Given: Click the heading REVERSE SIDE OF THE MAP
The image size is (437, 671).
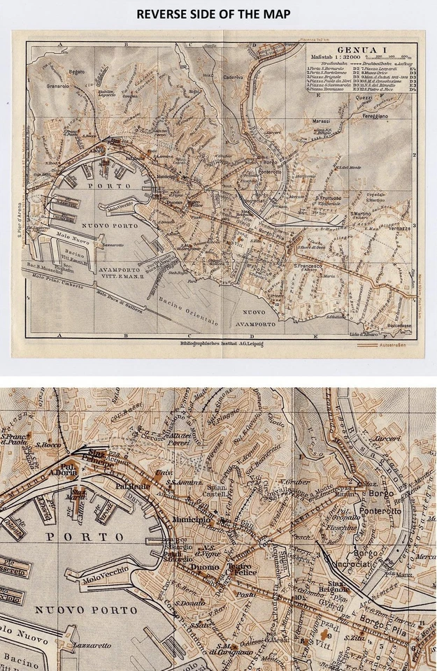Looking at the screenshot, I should (x=218, y=14).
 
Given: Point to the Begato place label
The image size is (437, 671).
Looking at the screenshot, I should (x=76, y=72).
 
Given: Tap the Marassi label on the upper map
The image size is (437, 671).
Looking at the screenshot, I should (x=322, y=121).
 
